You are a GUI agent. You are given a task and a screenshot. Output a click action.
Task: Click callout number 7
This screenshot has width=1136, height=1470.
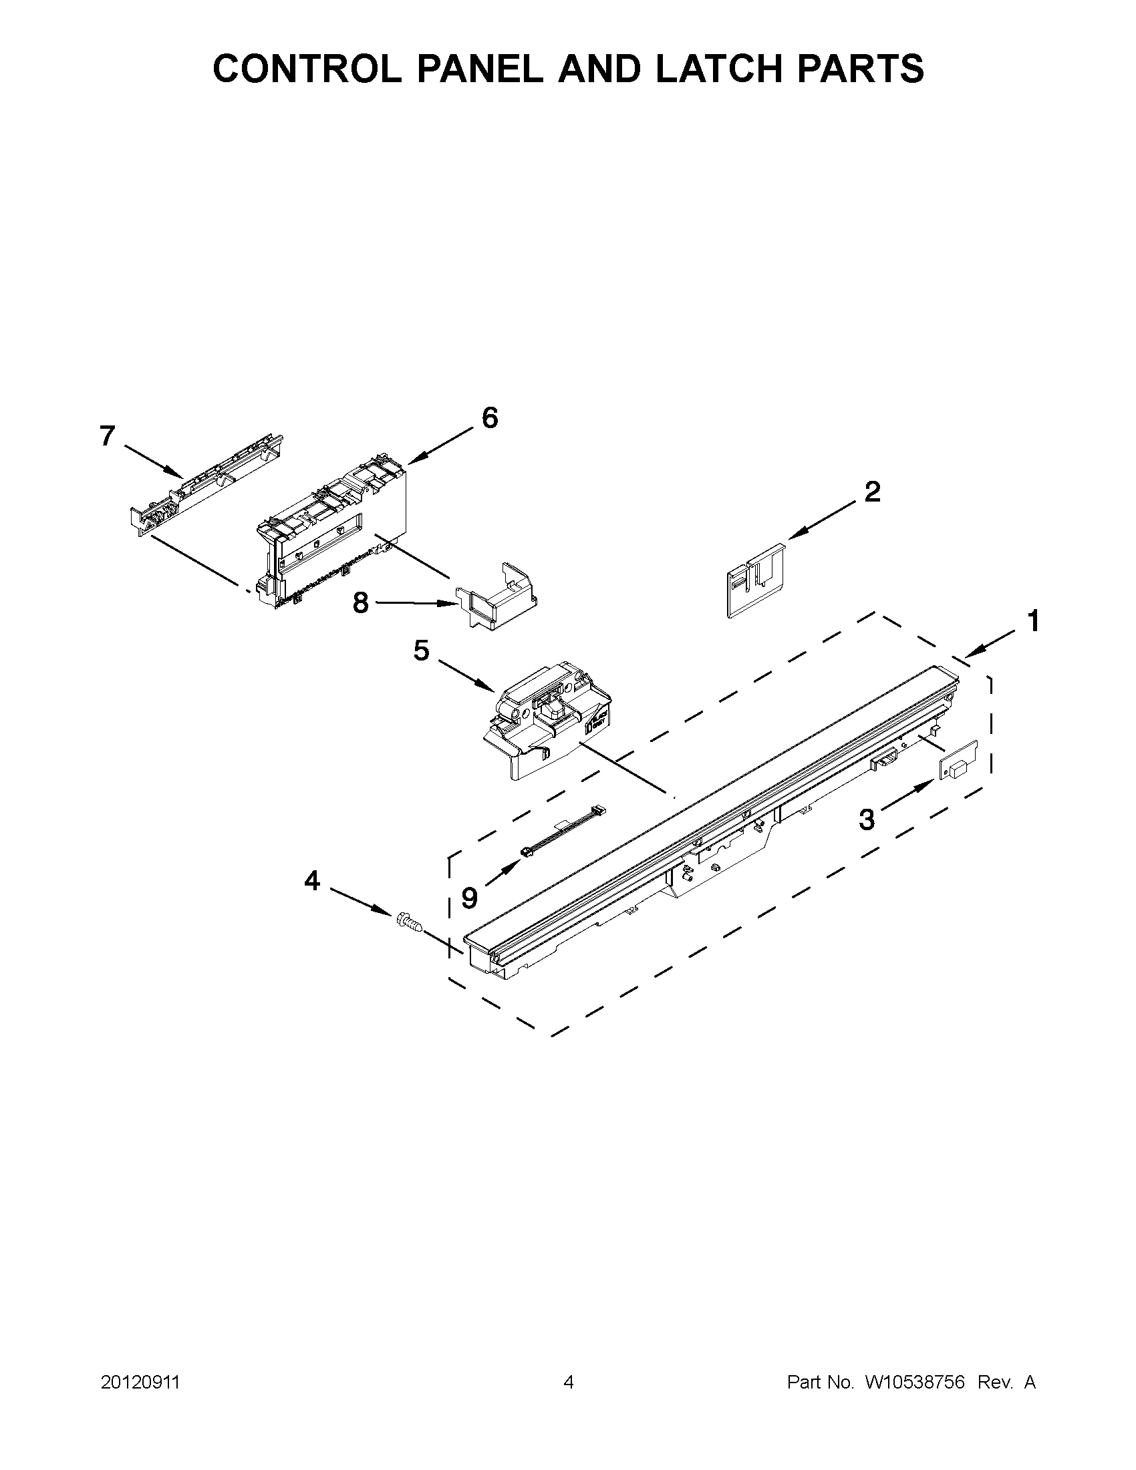pyautogui.click(x=108, y=436)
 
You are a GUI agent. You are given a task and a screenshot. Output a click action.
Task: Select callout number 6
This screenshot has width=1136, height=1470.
pyautogui.click(x=490, y=418)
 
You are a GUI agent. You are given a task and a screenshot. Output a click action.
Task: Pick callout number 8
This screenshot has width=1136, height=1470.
pyautogui.click(x=361, y=602)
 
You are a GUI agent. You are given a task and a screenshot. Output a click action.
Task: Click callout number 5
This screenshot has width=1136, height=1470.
pyautogui.click(x=422, y=651)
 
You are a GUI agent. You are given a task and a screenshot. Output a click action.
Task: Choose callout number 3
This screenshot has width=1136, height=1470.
pyautogui.click(x=867, y=819)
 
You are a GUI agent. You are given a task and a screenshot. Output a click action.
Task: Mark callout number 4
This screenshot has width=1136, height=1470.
pyautogui.click(x=312, y=880)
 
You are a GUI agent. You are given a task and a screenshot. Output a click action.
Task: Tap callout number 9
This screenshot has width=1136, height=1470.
pyautogui.click(x=469, y=897)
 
